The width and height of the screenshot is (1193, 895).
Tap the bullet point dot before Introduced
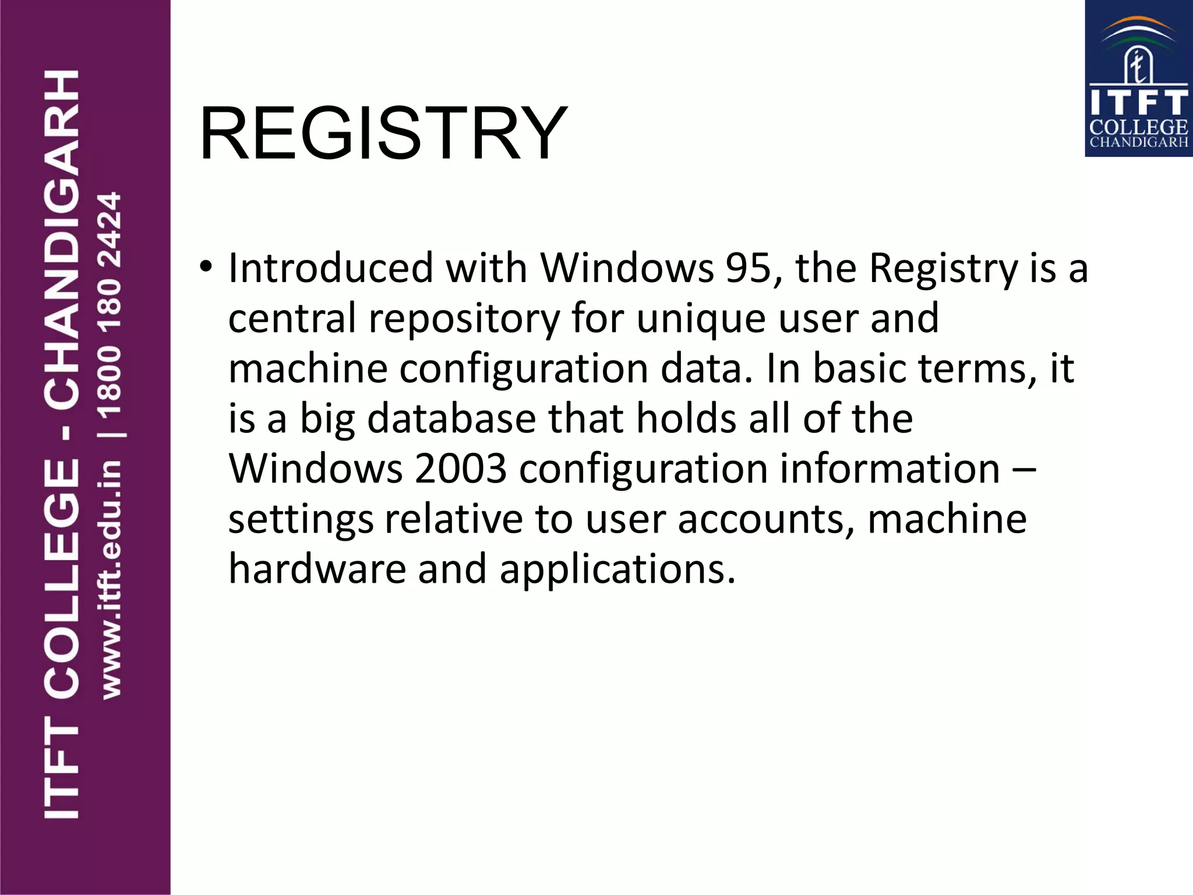(205, 267)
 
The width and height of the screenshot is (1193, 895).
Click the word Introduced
(330, 268)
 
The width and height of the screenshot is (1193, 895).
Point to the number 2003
(460, 468)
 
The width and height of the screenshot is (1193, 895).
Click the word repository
(464, 319)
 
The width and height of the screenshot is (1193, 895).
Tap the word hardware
(317, 569)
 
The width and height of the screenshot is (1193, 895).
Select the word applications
(617, 570)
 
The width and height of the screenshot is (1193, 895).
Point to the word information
(890, 468)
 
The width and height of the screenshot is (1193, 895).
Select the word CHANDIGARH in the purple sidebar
(62, 239)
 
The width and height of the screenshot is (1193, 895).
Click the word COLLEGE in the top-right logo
(1138, 127)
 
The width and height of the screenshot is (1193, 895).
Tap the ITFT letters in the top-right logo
(1138, 103)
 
